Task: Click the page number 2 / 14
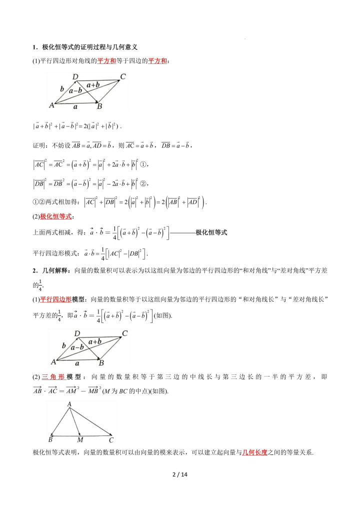(179, 474)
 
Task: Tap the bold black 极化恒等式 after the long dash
(211, 232)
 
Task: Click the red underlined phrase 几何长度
(255, 452)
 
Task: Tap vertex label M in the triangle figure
(80, 440)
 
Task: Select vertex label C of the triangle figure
(111, 440)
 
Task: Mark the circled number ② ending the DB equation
(145, 182)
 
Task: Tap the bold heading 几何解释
(54, 270)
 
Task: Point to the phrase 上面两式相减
(52, 232)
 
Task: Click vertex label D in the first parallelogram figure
(75, 77)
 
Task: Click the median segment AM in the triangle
(75, 421)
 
